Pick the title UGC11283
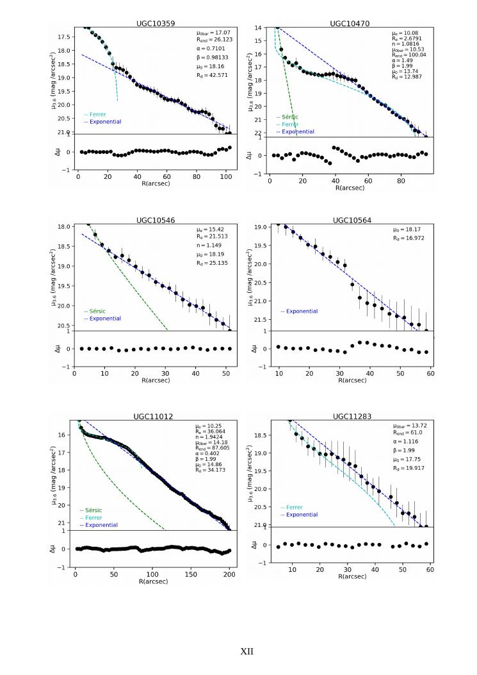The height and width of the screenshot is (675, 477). (350, 417)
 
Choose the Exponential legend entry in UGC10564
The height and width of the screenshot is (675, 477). (302, 312)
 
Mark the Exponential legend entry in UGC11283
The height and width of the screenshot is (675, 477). (302, 514)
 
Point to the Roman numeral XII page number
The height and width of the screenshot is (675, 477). (247, 651)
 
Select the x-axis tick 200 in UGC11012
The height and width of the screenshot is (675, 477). (230, 572)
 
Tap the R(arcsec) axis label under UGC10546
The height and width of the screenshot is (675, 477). (152, 380)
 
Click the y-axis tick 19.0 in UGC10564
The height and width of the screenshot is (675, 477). (260, 228)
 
